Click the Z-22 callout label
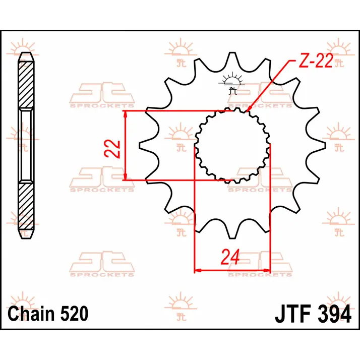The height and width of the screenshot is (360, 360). (x=316, y=61)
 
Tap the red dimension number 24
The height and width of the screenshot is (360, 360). (x=230, y=257)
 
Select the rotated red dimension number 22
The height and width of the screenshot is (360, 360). (x=112, y=149)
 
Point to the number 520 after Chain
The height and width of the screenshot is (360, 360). (x=74, y=314)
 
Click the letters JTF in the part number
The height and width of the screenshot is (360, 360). (x=293, y=314)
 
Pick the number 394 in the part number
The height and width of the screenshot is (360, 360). (x=334, y=314)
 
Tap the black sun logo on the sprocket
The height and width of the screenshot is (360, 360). (x=231, y=83)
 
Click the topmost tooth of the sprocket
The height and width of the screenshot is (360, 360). (x=232, y=60)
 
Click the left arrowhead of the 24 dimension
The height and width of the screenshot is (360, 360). (x=198, y=270)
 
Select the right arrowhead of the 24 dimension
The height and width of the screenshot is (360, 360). (x=267, y=270)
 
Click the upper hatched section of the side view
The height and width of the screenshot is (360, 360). (x=26, y=85)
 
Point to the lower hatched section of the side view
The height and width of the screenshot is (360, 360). (x=26, y=206)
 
